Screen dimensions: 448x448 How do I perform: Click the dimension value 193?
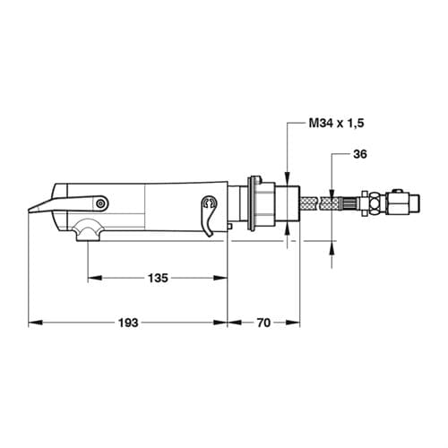(128, 323)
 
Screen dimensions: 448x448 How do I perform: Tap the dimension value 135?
(158, 279)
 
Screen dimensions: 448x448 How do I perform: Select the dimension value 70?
(263, 323)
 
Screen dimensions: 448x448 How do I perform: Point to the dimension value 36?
(359, 154)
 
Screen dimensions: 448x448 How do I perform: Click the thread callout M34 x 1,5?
(336, 123)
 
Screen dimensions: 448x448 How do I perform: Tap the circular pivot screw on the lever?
(100, 203)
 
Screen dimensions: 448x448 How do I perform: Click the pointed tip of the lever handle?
(29, 211)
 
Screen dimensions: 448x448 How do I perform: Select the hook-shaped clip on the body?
(209, 216)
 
